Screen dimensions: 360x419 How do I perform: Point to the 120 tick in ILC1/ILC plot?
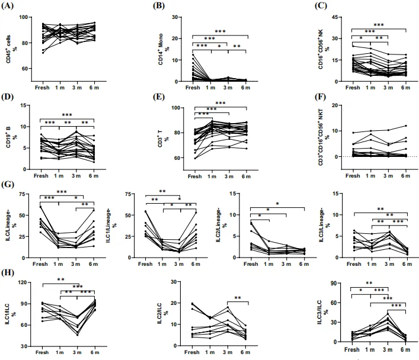(x=25, y=282)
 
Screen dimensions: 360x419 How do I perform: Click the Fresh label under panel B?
(x=192, y=88)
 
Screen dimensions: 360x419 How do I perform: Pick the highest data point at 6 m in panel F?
(x=406, y=126)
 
